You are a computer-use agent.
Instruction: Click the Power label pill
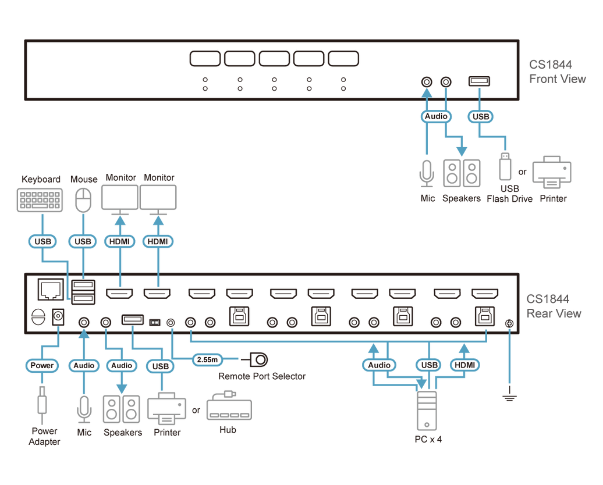coord(42,366)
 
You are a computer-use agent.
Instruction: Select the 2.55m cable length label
coord(207,360)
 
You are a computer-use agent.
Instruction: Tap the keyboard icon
coord(40,199)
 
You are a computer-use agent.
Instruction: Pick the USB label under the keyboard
coord(42,241)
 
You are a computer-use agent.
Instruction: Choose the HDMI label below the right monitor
coord(158,241)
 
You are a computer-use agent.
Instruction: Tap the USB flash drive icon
coord(505,168)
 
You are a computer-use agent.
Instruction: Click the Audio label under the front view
coord(436,116)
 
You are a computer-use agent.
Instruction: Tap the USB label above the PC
coord(429,365)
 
